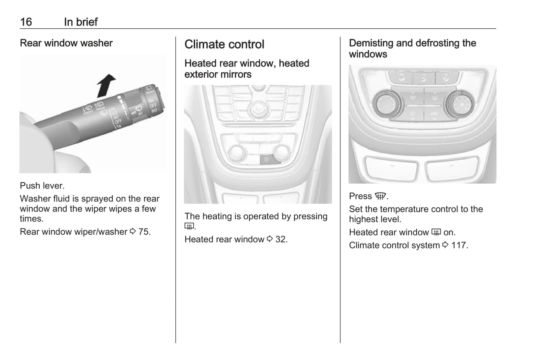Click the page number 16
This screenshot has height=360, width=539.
tap(26, 22)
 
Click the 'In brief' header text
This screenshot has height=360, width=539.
tap(81, 22)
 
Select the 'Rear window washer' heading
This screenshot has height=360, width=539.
tap(66, 43)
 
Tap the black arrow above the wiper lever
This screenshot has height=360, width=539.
tap(106, 85)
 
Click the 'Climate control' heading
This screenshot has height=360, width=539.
tap(224, 44)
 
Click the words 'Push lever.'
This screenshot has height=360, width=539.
tap(42, 186)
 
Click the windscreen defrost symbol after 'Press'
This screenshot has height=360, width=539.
tap(380, 196)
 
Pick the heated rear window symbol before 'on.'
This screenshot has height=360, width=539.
tap(436, 232)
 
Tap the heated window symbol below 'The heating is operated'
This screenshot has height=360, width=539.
tap(189, 226)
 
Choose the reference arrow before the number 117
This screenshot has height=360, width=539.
tap(445, 245)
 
